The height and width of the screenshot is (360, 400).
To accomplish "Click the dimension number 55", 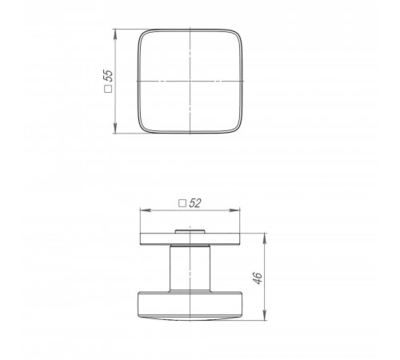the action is click(109, 75).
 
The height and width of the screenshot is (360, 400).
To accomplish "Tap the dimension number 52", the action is click(195, 203).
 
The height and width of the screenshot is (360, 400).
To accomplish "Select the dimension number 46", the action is click(258, 278).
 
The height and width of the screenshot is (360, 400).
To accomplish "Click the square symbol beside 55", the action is click(108, 89).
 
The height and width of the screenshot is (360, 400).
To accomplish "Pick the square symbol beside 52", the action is click(182, 203).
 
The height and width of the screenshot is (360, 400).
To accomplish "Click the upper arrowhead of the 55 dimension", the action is click(115, 34).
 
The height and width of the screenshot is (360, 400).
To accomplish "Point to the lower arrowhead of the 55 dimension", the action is click(115, 128).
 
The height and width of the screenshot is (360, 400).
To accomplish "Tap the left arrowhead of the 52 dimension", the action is click(146, 210).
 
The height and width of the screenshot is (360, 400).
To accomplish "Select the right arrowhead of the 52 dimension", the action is click(234, 210).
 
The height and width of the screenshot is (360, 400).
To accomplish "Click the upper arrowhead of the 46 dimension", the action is click(265, 238).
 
